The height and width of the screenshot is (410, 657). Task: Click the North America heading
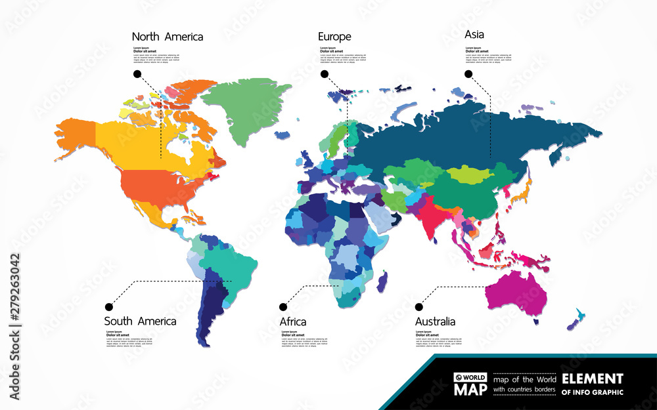coord(168,37)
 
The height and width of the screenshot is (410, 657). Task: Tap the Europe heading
coord(334,37)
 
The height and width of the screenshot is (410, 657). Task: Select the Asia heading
coord(475,34)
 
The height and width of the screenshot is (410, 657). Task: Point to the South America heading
coord(140,321)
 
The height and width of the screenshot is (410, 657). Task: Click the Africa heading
coord(293,321)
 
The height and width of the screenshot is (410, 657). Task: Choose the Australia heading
coord(435,321)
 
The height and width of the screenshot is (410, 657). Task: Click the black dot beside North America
coord(137,74)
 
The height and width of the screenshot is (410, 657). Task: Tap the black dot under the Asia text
coord(468,74)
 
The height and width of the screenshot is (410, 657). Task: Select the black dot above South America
coord(109,306)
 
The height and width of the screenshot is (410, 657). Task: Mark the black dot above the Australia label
coord(419,306)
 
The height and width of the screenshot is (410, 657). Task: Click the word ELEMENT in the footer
coord(592,379)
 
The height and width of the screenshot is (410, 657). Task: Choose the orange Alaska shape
coord(76,134)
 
